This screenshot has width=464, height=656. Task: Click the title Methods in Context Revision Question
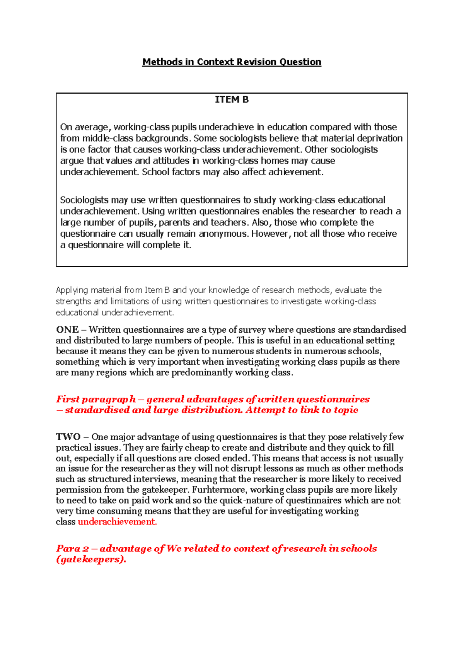(x=232, y=62)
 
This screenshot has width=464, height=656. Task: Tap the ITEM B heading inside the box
(x=232, y=100)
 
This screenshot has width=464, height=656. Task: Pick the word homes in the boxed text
(x=273, y=161)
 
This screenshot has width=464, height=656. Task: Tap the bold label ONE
(x=67, y=330)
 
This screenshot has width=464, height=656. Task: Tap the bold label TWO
(x=68, y=437)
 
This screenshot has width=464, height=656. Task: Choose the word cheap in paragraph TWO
(x=197, y=448)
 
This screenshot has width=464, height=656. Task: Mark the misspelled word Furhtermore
(x=218, y=490)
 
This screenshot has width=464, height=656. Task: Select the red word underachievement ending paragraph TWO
(x=117, y=522)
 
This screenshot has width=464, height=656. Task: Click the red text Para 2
(x=72, y=548)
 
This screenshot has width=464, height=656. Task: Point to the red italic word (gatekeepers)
(x=91, y=559)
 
